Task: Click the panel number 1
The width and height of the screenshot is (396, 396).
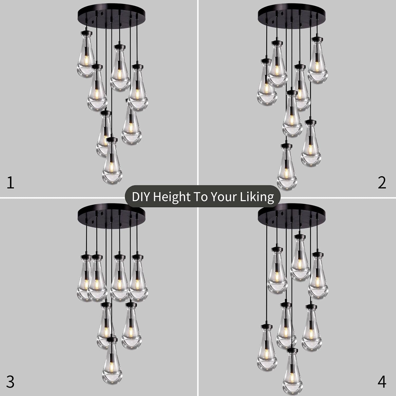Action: [10, 183]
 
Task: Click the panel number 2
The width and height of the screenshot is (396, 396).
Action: [382, 183]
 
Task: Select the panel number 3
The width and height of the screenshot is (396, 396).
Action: [10, 382]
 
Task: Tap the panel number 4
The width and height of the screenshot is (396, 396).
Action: [382, 382]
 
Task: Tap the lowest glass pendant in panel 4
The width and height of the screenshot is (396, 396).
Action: [293, 372]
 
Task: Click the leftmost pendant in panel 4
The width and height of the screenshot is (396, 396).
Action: [267, 348]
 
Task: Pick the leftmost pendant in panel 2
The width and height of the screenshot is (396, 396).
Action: [267, 82]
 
